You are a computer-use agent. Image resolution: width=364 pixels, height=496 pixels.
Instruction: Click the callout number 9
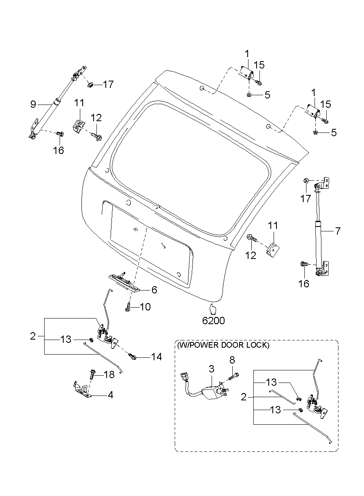[33, 105]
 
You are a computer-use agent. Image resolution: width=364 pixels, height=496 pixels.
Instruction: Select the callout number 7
[337, 231]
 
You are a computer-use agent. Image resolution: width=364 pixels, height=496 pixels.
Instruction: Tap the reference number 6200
[213, 320]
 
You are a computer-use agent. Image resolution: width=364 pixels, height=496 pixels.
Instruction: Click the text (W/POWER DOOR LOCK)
[223, 345]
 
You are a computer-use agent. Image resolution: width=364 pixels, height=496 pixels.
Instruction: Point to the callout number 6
[154, 290]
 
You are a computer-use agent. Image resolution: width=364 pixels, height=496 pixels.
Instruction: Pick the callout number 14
[156, 357]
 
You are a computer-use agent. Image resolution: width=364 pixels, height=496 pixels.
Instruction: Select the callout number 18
[109, 375]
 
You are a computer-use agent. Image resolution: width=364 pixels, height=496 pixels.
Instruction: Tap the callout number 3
[211, 369]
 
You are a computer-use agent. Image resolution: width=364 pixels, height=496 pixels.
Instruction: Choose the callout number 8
[232, 360]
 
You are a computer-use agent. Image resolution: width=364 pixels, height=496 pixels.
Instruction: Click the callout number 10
[145, 307]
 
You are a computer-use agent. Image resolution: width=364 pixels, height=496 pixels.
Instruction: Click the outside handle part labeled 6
[124, 282]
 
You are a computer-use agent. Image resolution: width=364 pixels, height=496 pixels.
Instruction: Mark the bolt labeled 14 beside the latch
[133, 356]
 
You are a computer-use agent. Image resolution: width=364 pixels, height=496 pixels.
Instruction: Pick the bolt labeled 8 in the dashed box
[234, 376]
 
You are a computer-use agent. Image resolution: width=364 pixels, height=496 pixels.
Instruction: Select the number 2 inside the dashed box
[244, 397]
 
